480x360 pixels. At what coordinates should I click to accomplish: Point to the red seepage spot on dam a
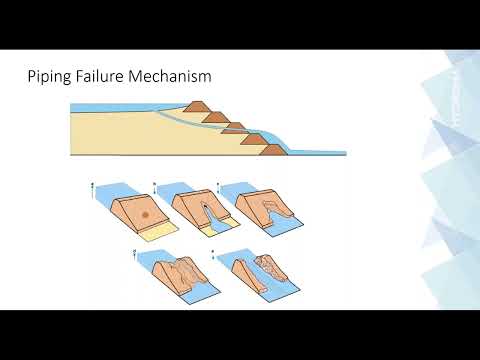click(147, 214)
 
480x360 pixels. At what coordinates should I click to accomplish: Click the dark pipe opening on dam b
click(206, 210)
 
